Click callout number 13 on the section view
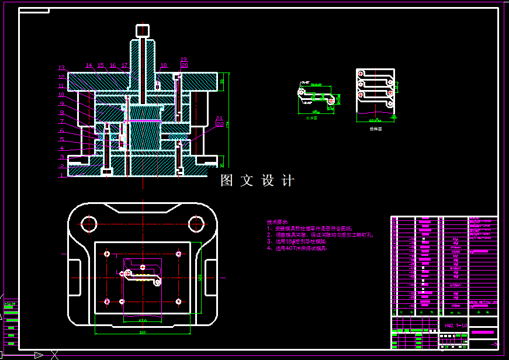click(61, 68)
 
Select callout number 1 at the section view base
click(61, 175)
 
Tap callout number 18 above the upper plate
click(164, 65)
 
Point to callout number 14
click(89, 65)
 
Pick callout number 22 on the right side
click(220, 124)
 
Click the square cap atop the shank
click(142, 30)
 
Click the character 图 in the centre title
click(226, 181)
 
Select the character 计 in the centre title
click(288, 181)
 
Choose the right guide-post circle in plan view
click(195, 223)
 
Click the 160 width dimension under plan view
click(142, 333)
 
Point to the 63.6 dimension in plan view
click(142, 320)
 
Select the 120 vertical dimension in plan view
click(200, 277)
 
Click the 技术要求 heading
click(278, 222)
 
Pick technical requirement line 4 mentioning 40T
click(298, 248)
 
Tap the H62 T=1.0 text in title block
click(456, 325)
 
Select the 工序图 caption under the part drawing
click(311, 118)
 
